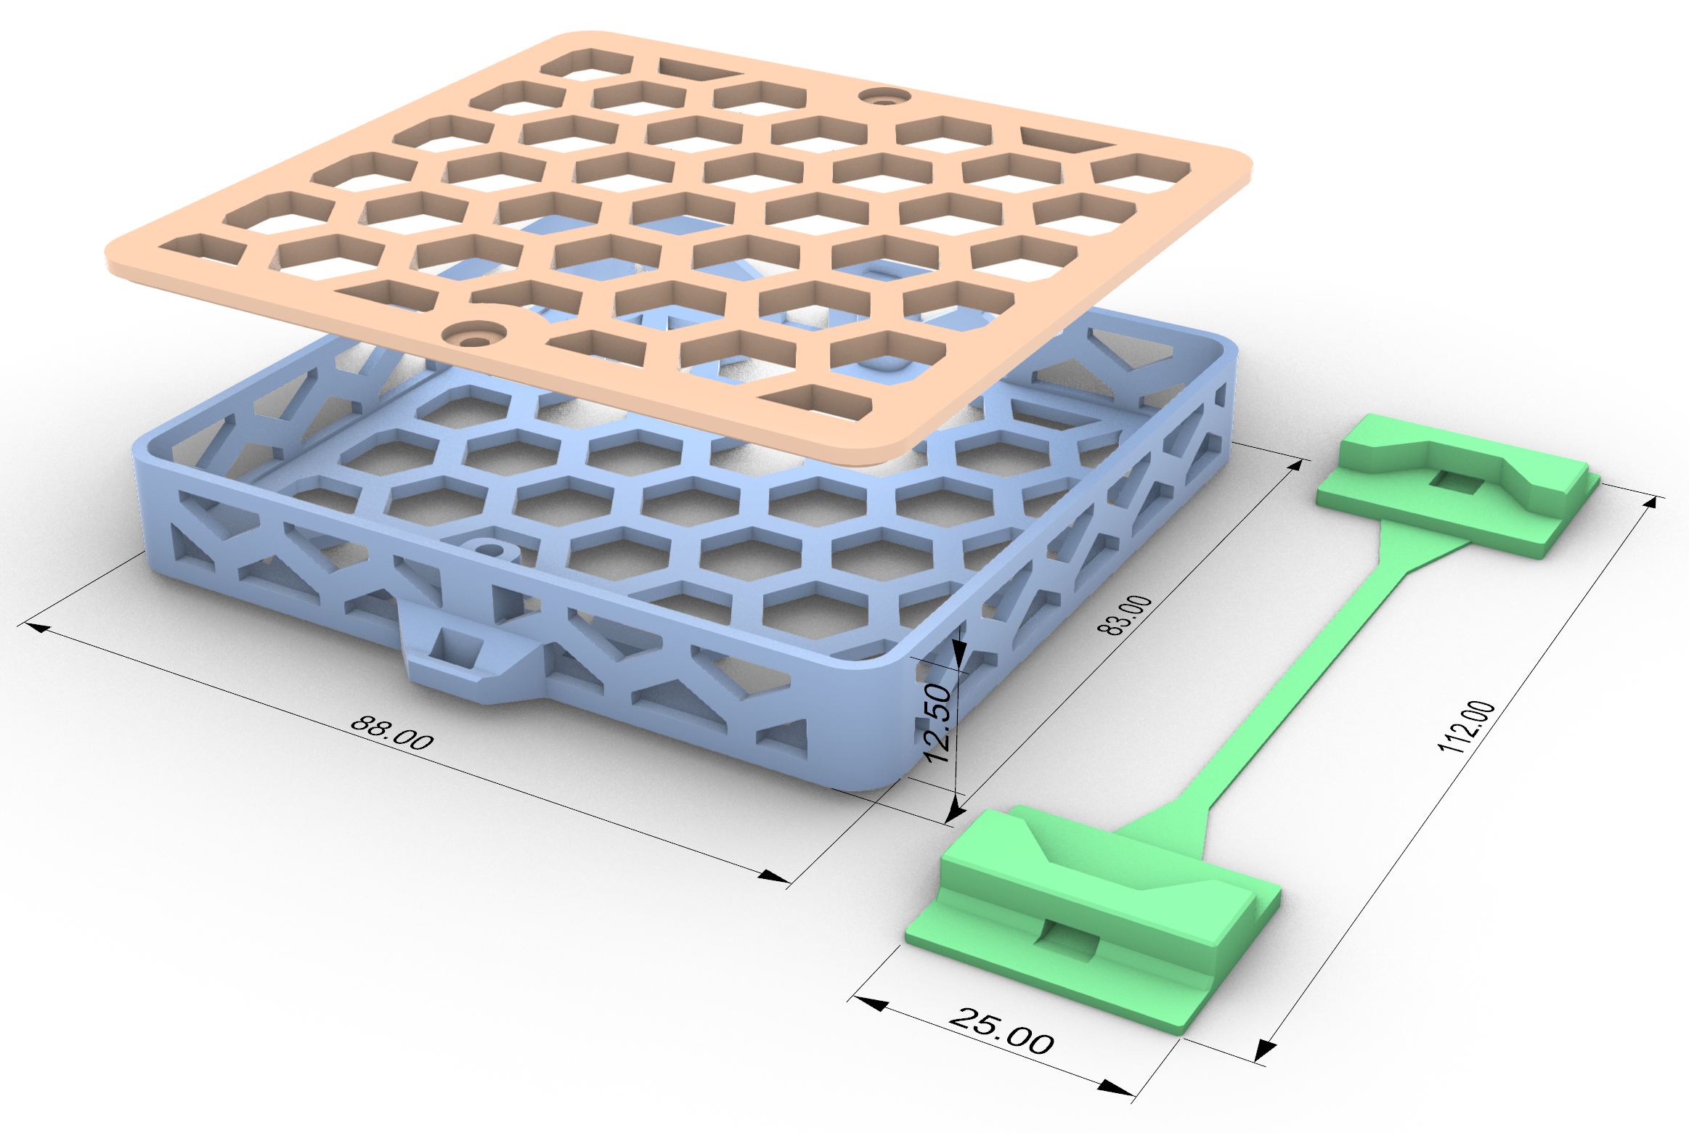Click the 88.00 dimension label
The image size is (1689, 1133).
(392, 732)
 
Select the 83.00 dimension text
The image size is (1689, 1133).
(1125, 615)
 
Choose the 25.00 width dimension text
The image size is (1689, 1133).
(1001, 1031)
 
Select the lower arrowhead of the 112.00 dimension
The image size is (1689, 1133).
(1266, 1049)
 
